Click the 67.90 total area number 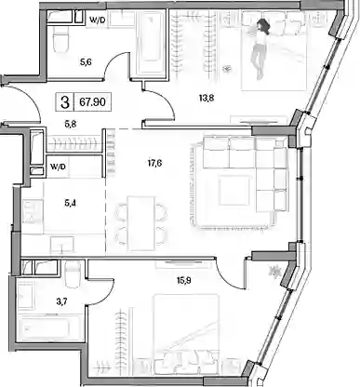point(92,101)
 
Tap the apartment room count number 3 point(65,102)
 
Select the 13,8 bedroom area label point(207,99)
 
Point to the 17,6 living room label point(154,163)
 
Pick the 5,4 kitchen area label point(71,204)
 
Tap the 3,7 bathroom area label point(61,302)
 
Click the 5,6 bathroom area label point(86,62)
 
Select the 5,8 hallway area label point(71,124)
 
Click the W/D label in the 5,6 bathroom point(98,20)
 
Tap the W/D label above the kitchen point(59,167)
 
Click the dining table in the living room point(141,223)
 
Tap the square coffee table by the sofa point(234,191)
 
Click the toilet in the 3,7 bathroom point(73,274)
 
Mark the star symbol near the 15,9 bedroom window point(274,272)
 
